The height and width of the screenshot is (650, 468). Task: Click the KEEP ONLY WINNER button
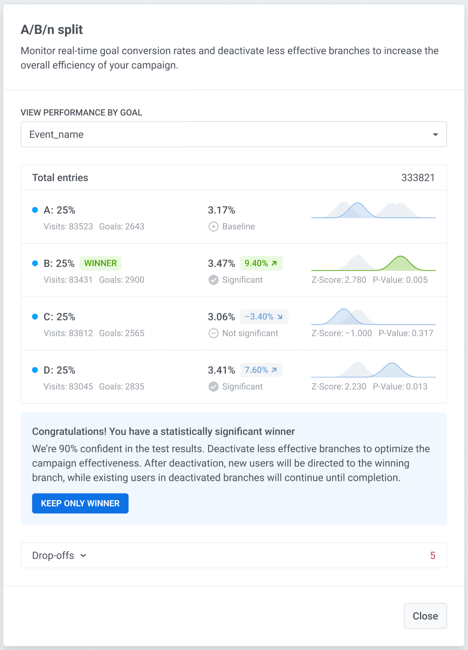click(80, 503)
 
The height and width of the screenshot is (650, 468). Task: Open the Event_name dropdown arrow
click(435, 135)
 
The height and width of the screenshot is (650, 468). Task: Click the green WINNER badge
click(100, 263)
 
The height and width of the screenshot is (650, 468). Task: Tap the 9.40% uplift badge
click(261, 263)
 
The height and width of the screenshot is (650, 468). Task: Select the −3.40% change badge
click(264, 317)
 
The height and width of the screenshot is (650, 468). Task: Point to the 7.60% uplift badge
click(261, 370)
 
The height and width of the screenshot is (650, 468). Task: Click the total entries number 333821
click(418, 178)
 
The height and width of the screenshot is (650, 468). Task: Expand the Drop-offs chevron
click(83, 555)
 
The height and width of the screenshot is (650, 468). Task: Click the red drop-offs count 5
click(433, 555)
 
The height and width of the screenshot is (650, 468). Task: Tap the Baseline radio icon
click(213, 227)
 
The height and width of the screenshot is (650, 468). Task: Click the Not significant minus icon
click(213, 333)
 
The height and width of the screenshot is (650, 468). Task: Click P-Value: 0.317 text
click(405, 333)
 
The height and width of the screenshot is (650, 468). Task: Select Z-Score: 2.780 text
click(339, 280)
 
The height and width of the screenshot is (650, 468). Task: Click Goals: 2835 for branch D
click(122, 386)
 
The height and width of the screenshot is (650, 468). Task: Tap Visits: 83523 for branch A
click(68, 227)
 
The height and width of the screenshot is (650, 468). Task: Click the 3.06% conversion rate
click(221, 317)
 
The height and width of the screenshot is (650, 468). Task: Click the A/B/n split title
click(52, 30)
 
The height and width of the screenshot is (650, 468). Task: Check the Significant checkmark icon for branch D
click(213, 386)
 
